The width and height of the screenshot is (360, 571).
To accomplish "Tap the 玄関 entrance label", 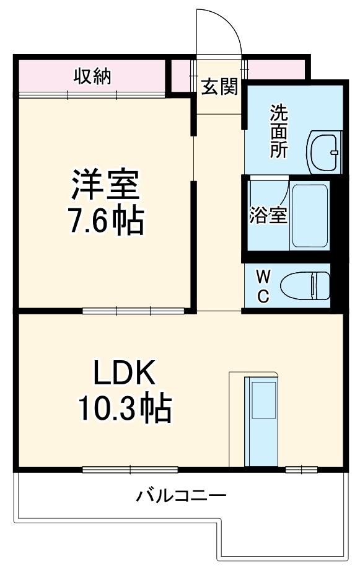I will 219,87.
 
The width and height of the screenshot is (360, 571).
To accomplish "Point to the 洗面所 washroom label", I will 278,132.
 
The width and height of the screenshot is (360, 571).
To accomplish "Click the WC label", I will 263,285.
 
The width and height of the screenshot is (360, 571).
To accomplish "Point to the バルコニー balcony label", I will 182,496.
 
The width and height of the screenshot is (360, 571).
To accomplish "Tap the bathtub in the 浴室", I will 309,216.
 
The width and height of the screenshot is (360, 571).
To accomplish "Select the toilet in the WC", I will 304,286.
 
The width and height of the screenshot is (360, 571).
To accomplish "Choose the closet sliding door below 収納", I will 92,94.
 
